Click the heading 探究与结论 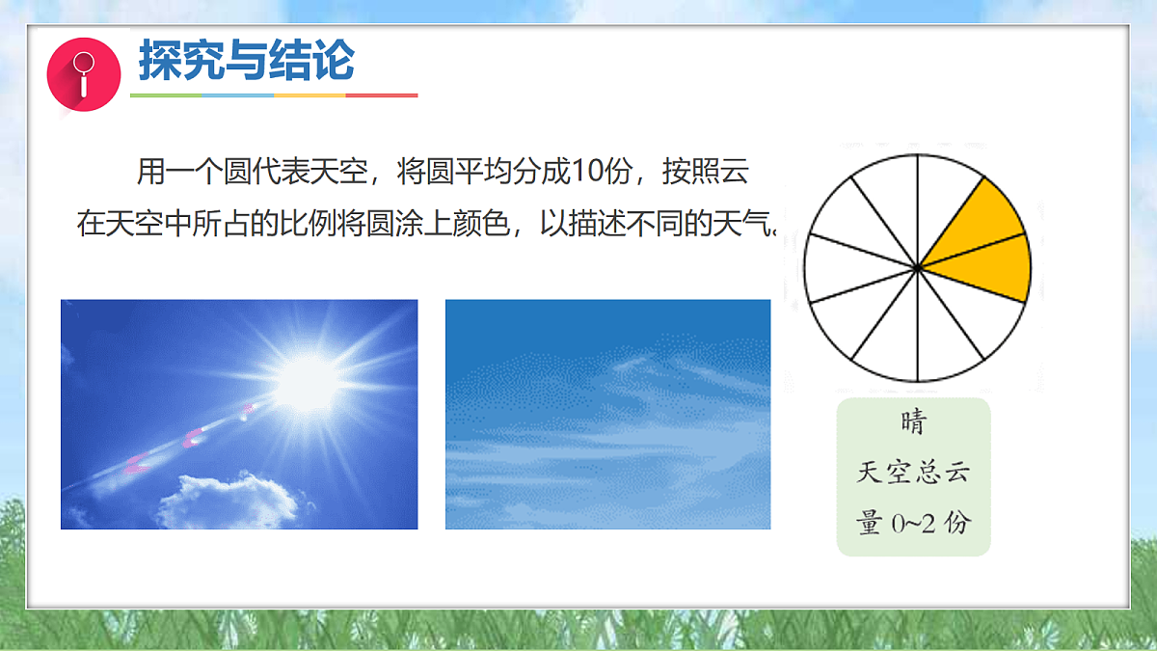click(x=247, y=61)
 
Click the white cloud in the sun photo click(x=228, y=500)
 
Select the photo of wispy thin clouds click(x=607, y=414)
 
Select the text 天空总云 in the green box click(x=913, y=473)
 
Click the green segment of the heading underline click(x=165, y=95)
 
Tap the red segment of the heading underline click(x=381, y=95)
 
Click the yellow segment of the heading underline click(x=309, y=95)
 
